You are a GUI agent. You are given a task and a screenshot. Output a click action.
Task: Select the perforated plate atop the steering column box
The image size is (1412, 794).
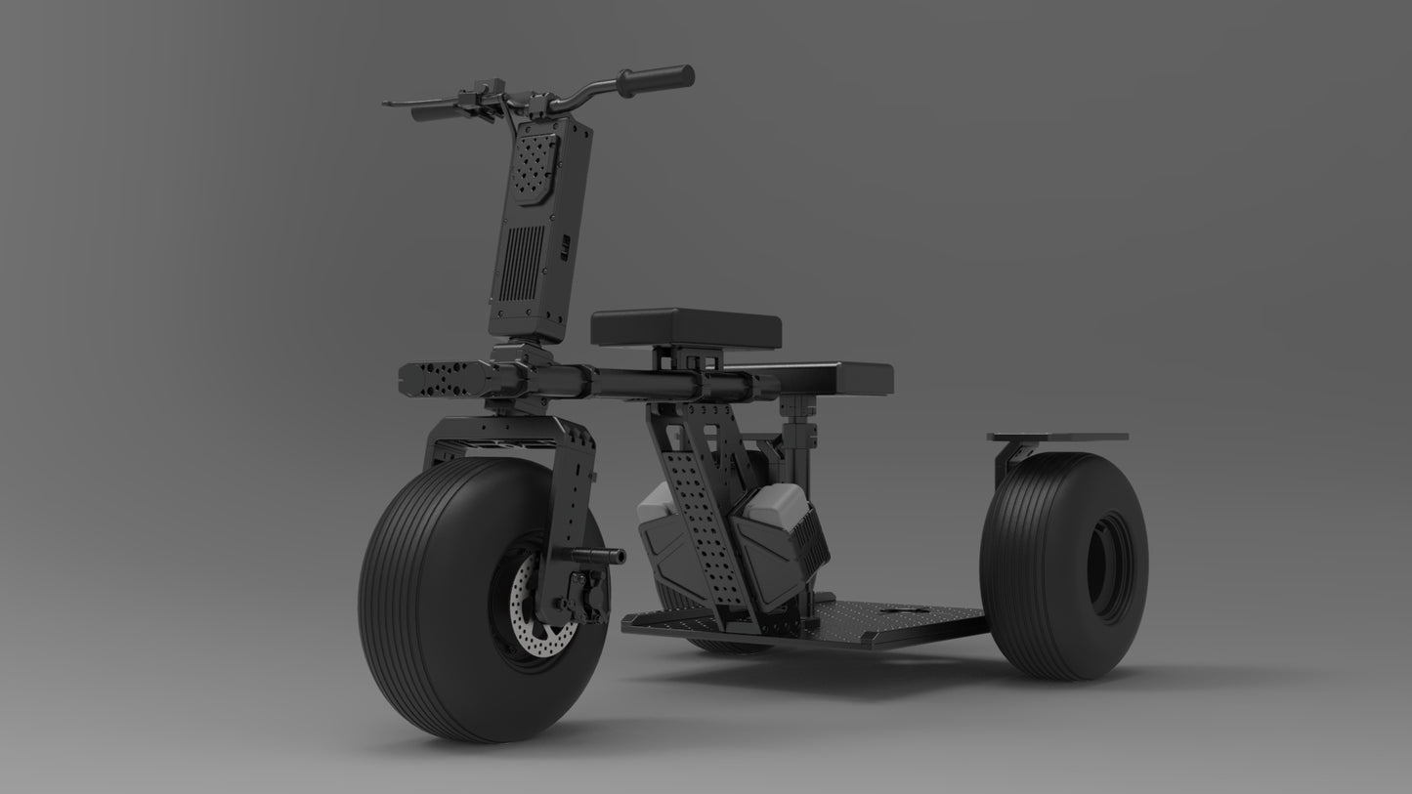point(534,167)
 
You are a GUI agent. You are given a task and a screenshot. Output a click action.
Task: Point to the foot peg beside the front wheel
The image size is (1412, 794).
point(597,555)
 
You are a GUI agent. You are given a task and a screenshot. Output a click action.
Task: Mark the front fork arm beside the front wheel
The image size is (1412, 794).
point(577,488)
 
